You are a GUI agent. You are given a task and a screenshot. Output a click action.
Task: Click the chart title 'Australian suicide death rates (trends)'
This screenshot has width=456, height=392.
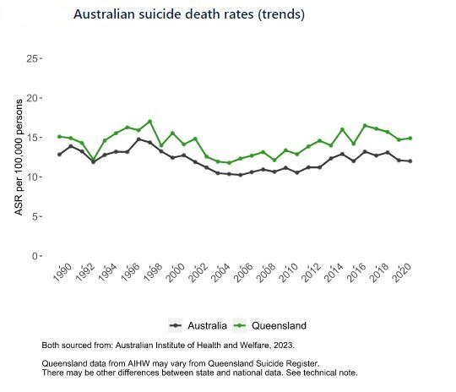tap(189, 15)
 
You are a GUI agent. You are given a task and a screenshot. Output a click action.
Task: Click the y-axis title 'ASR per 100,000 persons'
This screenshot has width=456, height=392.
tap(19, 156)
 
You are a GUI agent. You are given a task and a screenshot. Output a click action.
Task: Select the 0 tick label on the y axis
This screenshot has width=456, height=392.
tap(35, 256)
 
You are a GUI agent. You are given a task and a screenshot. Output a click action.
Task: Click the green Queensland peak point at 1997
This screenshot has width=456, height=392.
tap(149, 122)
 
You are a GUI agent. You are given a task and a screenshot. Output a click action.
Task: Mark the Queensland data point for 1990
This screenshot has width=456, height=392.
tap(59, 136)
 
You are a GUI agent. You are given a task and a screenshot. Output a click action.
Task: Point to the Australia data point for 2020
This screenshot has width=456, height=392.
tap(410, 161)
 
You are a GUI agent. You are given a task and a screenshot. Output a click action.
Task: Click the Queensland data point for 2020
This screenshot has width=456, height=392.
tap(410, 138)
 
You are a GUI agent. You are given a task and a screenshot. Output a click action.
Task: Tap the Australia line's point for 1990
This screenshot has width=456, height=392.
tap(59, 155)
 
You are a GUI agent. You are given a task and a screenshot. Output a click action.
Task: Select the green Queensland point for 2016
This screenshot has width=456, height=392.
tap(366, 126)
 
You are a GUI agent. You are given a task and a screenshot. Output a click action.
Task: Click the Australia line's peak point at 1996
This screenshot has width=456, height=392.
tap(138, 139)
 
